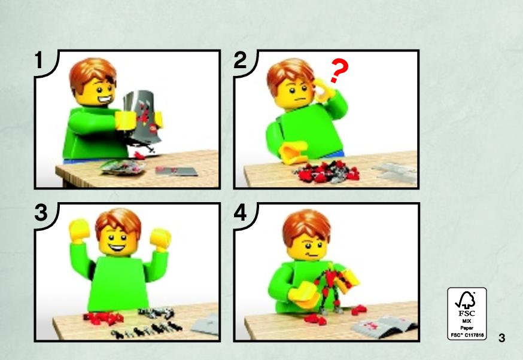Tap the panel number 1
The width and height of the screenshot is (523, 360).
point(39,60)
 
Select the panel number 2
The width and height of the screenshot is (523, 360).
point(240,60)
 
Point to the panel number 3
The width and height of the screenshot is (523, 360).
point(41,213)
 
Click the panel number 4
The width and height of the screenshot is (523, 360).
point(241,213)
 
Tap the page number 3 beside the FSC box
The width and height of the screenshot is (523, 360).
point(501,338)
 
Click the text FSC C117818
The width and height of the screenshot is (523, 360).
point(467,335)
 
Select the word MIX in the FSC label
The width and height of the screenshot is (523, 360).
point(467,321)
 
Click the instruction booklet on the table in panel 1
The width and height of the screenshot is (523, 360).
point(177,171)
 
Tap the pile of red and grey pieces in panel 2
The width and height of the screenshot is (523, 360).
point(326,172)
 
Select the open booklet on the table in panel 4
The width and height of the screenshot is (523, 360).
point(384,326)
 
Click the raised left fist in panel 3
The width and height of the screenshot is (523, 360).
point(80,230)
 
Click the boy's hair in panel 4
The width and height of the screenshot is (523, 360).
point(306,225)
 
